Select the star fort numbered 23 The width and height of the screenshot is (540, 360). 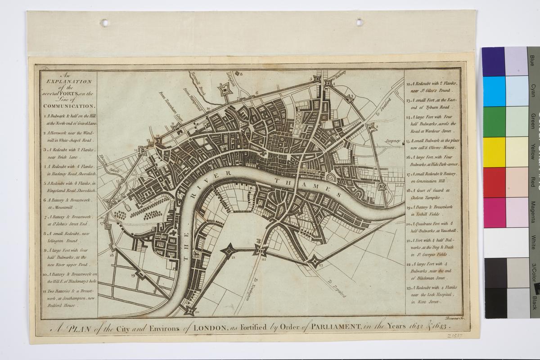[315, 261]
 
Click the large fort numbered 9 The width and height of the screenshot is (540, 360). [224, 90]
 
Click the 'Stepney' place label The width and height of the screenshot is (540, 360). [392, 141]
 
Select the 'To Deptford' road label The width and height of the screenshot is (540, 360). [337, 288]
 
